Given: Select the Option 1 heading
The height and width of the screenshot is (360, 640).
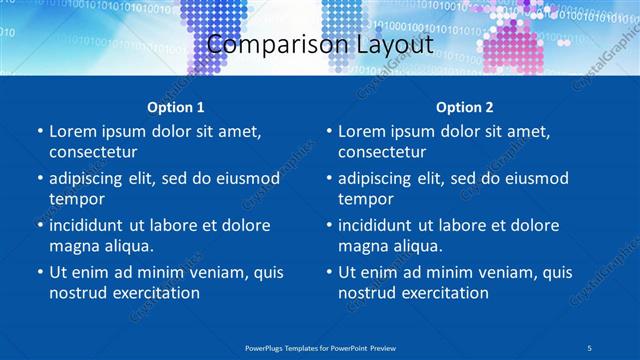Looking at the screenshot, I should coord(176,107).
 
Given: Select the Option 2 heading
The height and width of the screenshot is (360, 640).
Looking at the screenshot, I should coord(465,107).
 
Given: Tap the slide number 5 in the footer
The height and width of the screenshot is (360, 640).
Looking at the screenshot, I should coord(590,347).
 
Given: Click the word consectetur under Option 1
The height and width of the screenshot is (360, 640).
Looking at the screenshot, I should coord(93,152).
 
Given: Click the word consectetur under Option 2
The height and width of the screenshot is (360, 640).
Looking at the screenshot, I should coord(382,152).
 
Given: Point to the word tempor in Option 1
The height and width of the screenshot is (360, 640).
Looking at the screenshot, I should coord(76,199).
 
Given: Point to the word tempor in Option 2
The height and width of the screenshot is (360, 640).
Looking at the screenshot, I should coord(365,199).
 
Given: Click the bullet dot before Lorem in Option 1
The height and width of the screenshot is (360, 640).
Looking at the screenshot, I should coord(39,132).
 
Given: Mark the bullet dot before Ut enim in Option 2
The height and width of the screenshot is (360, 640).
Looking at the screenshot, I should coord(328,273).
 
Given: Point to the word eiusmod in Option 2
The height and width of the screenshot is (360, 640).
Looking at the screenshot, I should coord(533,179).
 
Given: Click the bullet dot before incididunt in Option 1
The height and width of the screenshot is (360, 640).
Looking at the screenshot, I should coord(39,226).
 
